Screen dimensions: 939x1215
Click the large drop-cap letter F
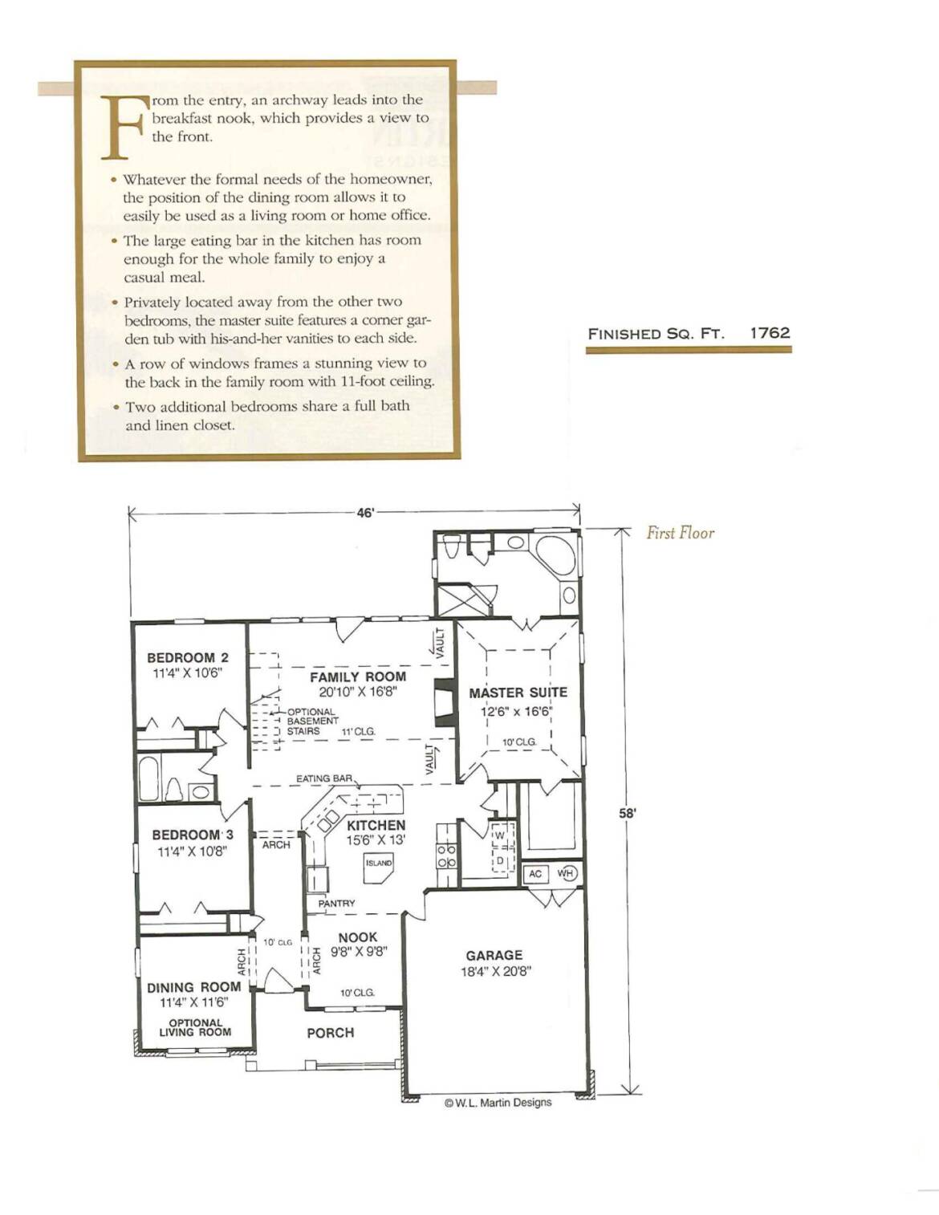click(x=124, y=128)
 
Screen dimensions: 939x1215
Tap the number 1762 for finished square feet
click(x=770, y=333)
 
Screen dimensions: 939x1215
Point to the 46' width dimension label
click(x=365, y=514)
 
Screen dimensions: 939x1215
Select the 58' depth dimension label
click(x=628, y=814)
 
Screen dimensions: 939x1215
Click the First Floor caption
click(x=681, y=533)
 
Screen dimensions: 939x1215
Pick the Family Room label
click(x=358, y=677)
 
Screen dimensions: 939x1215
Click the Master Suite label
click(x=518, y=693)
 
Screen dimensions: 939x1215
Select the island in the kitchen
click(x=379, y=868)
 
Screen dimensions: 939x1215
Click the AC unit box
click(x=535, y=873)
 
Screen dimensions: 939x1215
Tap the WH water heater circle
click(x=567, y=873)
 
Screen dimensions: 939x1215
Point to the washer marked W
click(x=500, y=835)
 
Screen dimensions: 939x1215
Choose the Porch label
click(x=331, y=1033)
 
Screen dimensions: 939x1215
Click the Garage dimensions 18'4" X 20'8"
click(x=496, y=971)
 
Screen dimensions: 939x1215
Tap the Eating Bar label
click(x=324, y=778)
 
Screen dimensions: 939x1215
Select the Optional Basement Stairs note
click(x=312, y=721)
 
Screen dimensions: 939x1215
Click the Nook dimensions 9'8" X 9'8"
click(x=360, y=951)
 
